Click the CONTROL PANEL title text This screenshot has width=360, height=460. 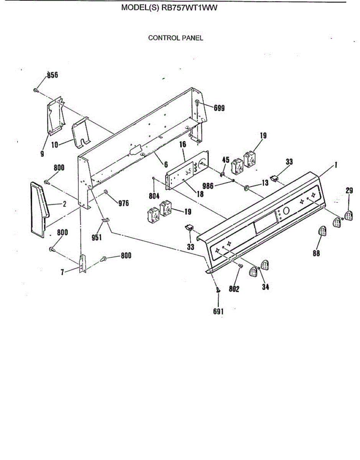(x=176, y=38)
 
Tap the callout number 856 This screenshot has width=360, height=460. (x=52, y=75)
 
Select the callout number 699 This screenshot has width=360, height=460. (x=219, y=108)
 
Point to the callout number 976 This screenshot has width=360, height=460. (x=123, y=204)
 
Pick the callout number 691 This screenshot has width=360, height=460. (x=218, y=312)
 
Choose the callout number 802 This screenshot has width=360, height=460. (x=234, y=289)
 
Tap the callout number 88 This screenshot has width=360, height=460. (x=316, y=253)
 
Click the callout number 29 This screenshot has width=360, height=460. (x=349, y=190)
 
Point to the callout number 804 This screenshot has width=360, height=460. (x=155, y=194)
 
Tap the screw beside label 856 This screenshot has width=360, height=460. (x=35, y=90)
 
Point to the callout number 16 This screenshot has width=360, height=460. (x=182, y=145)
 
